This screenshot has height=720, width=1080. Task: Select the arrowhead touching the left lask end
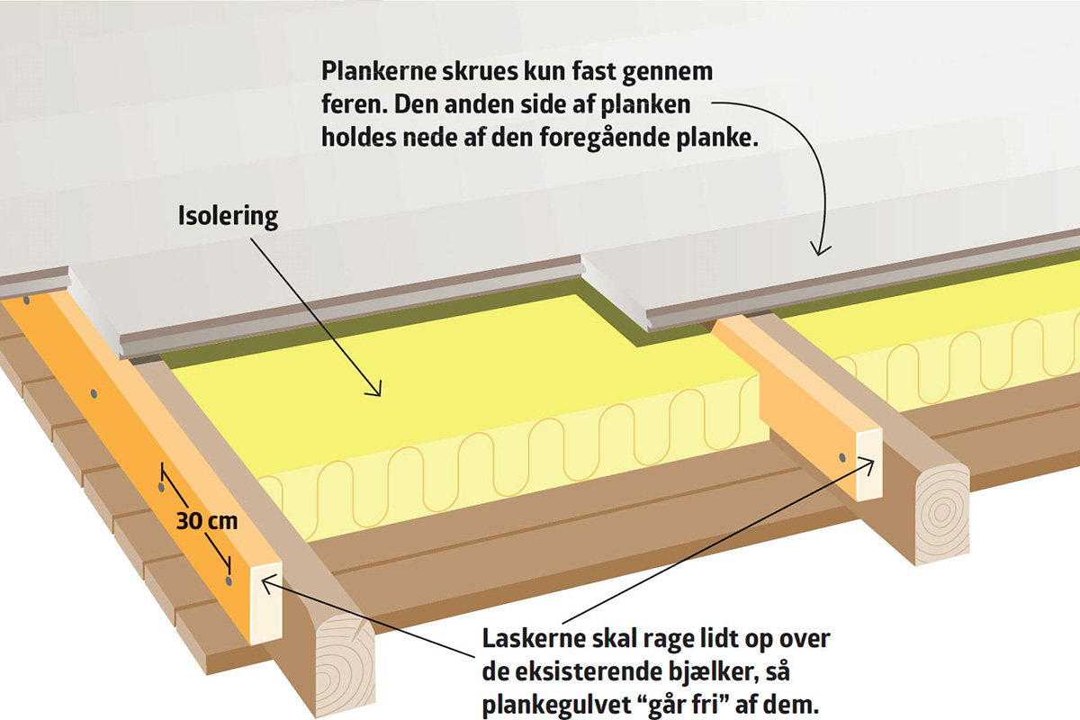click(x=266, y=580)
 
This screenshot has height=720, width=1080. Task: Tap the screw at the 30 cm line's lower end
click(x=229, y=582)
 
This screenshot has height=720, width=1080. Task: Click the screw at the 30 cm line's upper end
click(x=161, y=487)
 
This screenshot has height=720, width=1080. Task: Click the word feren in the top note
click(x=346, y=103)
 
